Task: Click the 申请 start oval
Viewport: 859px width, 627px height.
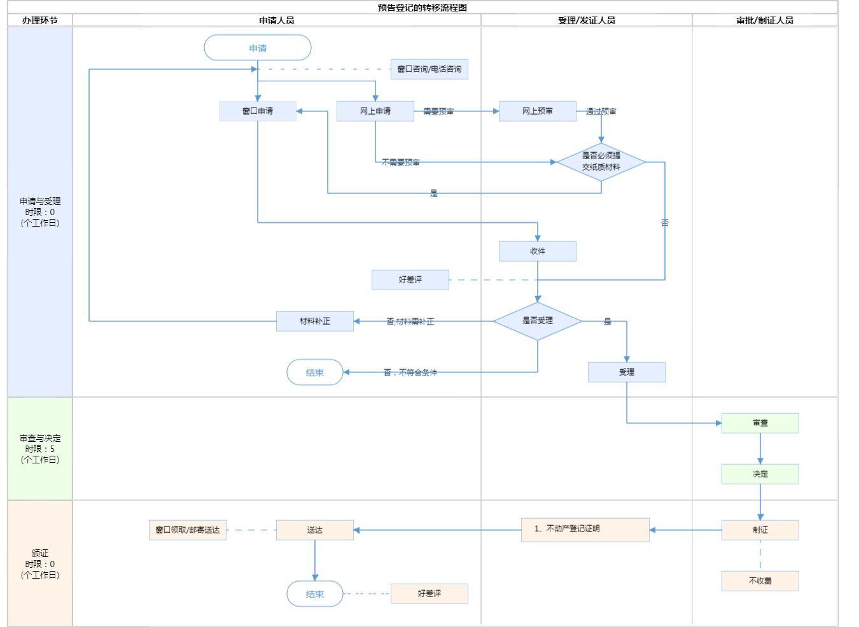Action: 258,48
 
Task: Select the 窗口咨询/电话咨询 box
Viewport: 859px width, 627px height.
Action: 429,69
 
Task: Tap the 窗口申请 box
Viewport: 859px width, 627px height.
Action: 258,111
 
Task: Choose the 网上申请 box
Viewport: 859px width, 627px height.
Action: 375,111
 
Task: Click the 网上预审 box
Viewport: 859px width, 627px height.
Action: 538,111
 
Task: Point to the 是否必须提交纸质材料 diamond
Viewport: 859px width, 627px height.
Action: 601,162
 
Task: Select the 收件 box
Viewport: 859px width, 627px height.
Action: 538,251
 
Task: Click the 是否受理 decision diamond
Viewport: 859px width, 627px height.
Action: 538,321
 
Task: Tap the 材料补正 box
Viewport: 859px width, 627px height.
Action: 315,321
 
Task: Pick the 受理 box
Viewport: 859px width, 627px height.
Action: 627,372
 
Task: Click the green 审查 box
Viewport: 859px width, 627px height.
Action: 760,423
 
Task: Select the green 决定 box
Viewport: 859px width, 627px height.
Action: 760,474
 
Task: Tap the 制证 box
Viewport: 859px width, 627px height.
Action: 760,530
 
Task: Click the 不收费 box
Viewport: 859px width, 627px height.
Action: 760,581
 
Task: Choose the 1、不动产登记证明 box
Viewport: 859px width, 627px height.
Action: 585,530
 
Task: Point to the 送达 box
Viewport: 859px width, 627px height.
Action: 315,530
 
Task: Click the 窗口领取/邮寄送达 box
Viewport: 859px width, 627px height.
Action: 188,530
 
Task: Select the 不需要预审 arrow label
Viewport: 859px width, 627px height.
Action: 401,162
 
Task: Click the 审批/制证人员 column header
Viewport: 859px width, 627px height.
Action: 765,20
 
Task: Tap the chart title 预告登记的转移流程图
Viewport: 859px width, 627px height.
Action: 423,8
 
